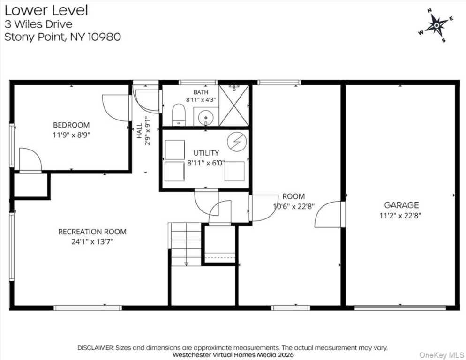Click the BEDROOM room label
click(x=71, y=125)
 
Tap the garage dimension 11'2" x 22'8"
click(x=400, y=215)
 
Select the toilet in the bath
click(x=179, y=115)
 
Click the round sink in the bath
click(x=205, y=118)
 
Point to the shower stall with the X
click(x=234, y=105)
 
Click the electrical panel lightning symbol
click(x=237, y=142)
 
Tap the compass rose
click(x=436, y=26)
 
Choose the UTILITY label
click(x=206, y=153)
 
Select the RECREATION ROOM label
click(x=92, y=232)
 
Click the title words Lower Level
click(x=46, y=10)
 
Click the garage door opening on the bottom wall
click(x=400, y=307)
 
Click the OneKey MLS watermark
click(x=442, y=355)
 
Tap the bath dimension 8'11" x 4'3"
click(x=201, y=99)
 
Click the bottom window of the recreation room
click(x=88, y=308)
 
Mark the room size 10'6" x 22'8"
click(x=293, y=206)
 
